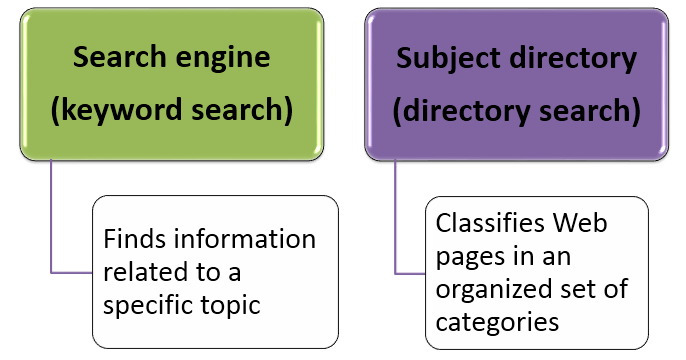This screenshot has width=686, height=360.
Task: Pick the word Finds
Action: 136,241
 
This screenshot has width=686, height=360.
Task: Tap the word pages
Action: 467,256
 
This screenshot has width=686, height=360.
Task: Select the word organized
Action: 488,289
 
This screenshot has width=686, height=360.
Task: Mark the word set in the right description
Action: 582,289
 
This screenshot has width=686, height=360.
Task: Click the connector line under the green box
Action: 51,220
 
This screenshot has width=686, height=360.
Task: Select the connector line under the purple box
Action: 395,220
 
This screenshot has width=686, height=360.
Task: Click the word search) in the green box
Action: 243,110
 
